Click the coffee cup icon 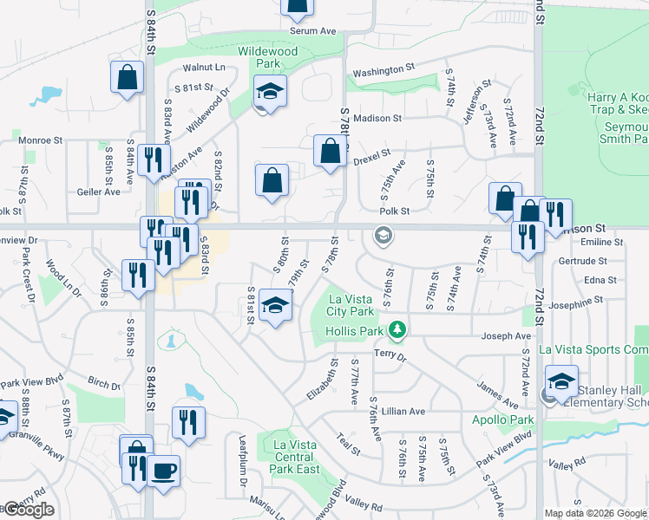click(x=163, y=472)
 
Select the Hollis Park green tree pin click(x=397, y=330)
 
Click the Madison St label click(x=377, y=118)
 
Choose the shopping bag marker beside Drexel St click(x=330, y=152)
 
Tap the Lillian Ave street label click(x=405, y=412)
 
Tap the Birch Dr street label click(x=104, y=383)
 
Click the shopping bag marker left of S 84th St click(x=127, y=77)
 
